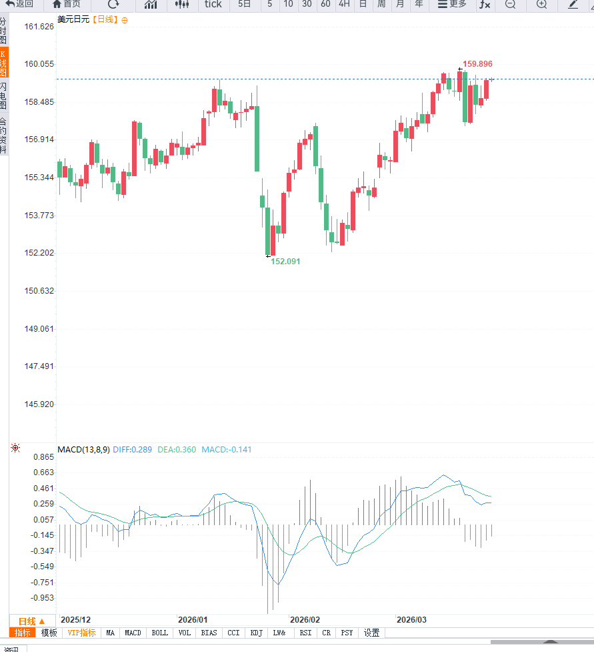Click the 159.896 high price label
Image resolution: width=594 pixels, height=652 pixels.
[x=477, y=64]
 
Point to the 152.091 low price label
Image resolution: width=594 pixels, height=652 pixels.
[x=285, y=262]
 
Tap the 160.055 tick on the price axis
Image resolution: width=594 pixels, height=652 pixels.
[x=39, y=64]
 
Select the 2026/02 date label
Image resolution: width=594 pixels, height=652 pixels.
[x=305, y=620]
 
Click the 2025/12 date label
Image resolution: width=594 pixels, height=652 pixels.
[x=75, y=620]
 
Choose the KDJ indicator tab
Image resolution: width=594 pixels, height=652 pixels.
[x=257, y=633]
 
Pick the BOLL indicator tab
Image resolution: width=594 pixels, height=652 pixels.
[x=160, y=633]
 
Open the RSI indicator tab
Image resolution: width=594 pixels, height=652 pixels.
[x=305, y=633]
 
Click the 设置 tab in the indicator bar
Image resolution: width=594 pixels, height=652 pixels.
[x=371, y=633]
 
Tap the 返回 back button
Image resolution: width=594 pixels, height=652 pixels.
[x=20, y=4]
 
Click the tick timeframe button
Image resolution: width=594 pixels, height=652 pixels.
[x=213, y=4]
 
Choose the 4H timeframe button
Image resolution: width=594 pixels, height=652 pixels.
[x=344, y=4]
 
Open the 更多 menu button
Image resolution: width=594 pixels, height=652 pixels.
[x=452, y=4]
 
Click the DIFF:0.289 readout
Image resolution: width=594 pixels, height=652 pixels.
[x=132, y=449]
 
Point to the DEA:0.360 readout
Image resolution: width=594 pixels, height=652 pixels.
[x=177, y=449]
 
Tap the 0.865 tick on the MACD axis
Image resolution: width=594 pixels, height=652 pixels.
[x=43, y=457]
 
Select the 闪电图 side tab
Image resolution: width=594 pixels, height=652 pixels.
[x=3, y=96]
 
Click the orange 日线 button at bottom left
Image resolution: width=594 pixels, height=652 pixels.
[x=31, y=621]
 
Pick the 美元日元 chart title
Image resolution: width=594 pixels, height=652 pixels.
[x=73, y=19]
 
